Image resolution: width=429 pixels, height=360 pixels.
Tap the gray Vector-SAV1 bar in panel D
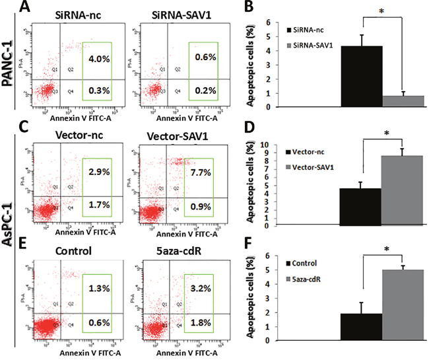(403, 191)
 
